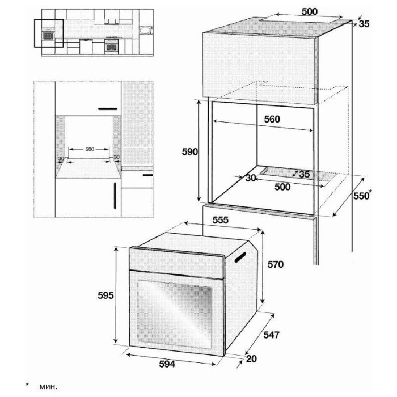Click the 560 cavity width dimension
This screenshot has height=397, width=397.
(x=272, y=119)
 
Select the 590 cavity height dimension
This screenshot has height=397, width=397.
(x=190, y=151)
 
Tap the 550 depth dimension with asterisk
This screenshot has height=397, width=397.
(x=362, y=195)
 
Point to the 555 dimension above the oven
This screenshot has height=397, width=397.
(x=221, y=220)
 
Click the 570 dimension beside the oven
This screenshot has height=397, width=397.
(x=276, y=265)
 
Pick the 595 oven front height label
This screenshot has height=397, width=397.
(x=105, y=295)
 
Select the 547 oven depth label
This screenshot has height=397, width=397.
(x=272, y=335)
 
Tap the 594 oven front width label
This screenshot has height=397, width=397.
(x=167, y=364)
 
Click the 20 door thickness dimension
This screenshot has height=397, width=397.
(x=251, y=358)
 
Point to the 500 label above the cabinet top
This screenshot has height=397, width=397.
(x=310, y=12)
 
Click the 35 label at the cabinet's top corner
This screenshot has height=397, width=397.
(x=364, y=24)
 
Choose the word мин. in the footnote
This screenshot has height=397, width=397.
(x=48, y=387)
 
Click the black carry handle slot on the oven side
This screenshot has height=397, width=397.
(x=240, y=257)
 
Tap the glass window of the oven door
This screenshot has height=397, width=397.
(x=175, y=314)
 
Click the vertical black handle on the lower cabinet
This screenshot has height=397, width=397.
(x=115, y=196)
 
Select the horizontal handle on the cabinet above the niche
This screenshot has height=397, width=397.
(x=108, y=109)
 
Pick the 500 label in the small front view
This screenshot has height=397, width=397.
(x=90, y=149)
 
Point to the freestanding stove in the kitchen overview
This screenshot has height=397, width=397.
(x=111, y=45)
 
